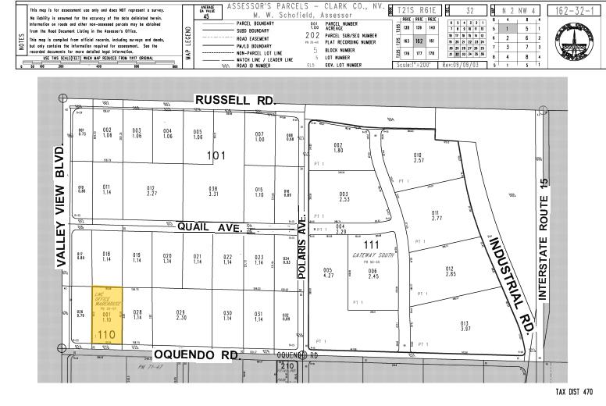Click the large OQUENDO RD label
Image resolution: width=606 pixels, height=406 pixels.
(x=195, y=354)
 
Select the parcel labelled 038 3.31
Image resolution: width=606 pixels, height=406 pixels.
(x=212, y=191)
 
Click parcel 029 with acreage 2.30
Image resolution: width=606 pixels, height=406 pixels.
(x=180, y=316)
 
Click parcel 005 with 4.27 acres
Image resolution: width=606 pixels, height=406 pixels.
(x=327, y=273)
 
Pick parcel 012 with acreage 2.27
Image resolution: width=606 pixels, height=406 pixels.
(x=151, y=191)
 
